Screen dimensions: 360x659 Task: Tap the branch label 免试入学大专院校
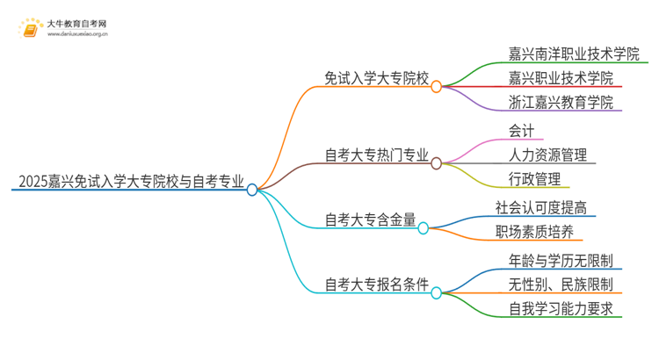376,78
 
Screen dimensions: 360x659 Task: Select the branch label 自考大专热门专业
376,156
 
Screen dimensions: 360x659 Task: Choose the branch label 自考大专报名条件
376,284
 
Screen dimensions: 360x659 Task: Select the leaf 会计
521,131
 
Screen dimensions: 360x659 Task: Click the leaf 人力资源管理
547,155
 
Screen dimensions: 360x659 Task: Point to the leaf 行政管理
533,180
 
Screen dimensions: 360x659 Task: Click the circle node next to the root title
252,189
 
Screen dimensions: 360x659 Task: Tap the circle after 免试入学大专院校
436,87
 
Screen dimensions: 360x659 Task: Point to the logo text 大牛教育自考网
78,23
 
